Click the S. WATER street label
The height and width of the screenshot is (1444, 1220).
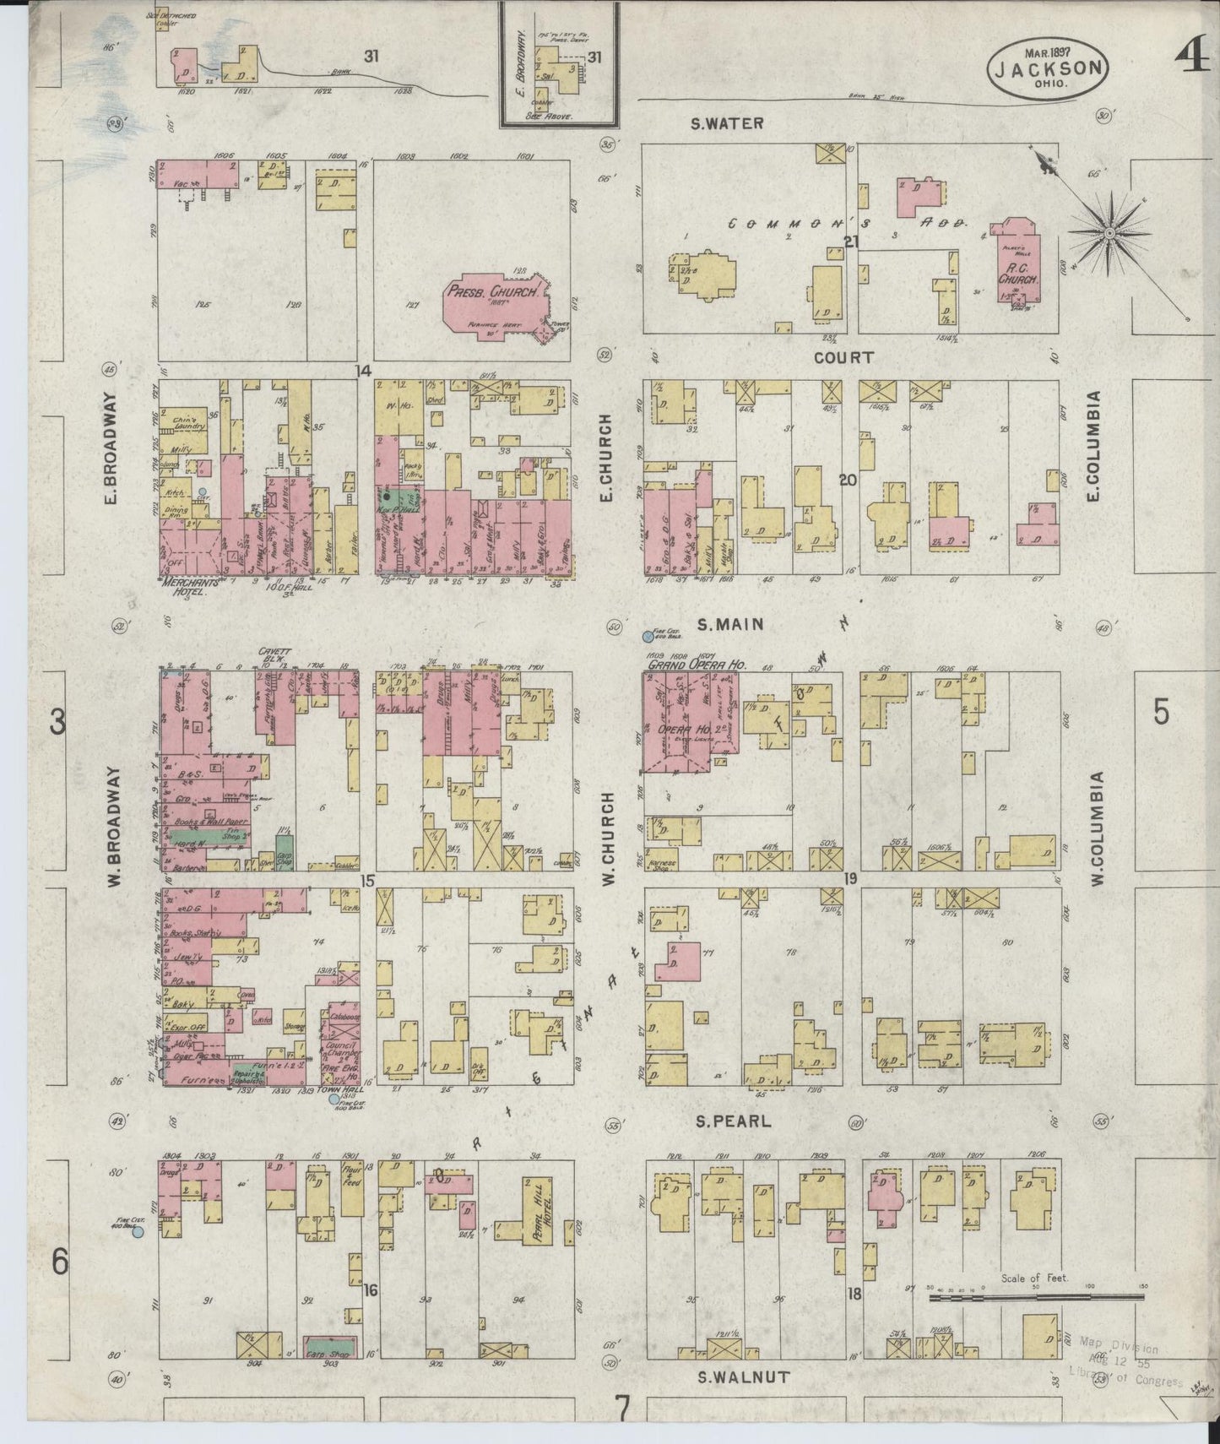726,123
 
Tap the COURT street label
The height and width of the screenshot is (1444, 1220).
843,358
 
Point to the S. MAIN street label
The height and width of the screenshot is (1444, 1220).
730,624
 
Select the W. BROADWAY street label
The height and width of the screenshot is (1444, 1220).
115,817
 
